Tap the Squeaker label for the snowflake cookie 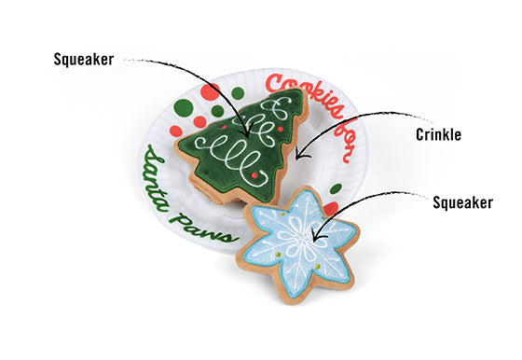pos(463,201)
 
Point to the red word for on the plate pos(340,139)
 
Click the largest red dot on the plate pos(199,121)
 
